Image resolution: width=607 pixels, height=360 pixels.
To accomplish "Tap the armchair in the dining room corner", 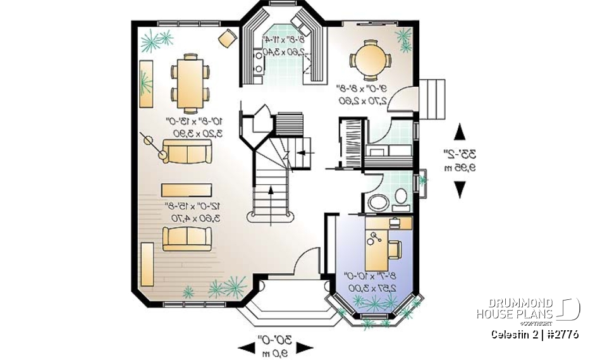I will (226, 39).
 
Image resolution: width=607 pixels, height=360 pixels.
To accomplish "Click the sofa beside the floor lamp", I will (187, 152).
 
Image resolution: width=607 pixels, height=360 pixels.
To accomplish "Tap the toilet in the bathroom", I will (400, 197).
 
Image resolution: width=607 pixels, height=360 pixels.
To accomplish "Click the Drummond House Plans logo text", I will (515, 309).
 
